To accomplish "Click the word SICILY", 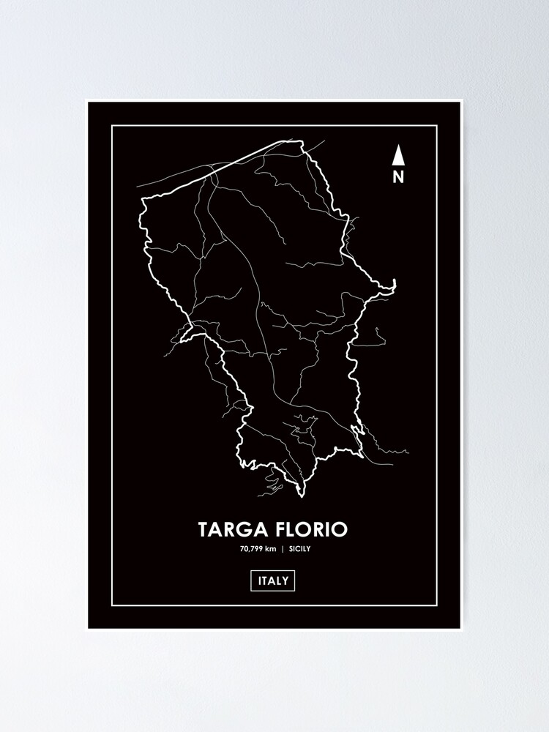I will pos(299,549).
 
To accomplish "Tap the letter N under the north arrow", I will pos(398,176).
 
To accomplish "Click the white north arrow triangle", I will pos(398,155).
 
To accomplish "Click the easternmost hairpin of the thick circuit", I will pos(394,283).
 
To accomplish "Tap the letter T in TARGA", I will pos(203,530).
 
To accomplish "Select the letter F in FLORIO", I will pos(275,530).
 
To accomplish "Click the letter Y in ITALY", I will pos(287,581).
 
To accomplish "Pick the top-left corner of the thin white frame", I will pos(112,126).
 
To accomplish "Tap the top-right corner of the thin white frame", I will pos(437,126).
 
